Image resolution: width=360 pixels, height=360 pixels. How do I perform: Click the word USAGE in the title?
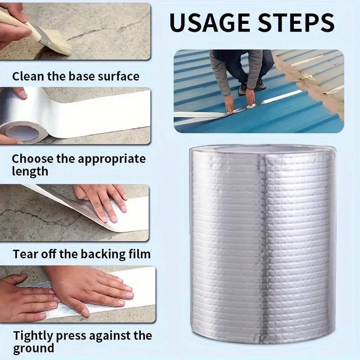point(209,23)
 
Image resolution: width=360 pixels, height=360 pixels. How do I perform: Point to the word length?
point(30,171)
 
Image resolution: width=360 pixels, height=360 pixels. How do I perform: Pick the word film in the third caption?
point(139,254)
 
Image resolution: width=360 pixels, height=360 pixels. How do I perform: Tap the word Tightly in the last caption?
point(33,336)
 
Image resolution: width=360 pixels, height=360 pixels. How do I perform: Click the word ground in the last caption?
point(33,348)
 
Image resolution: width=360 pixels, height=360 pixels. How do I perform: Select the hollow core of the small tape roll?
point(21,133)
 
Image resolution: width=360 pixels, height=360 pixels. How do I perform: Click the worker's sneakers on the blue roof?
point(252,86)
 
